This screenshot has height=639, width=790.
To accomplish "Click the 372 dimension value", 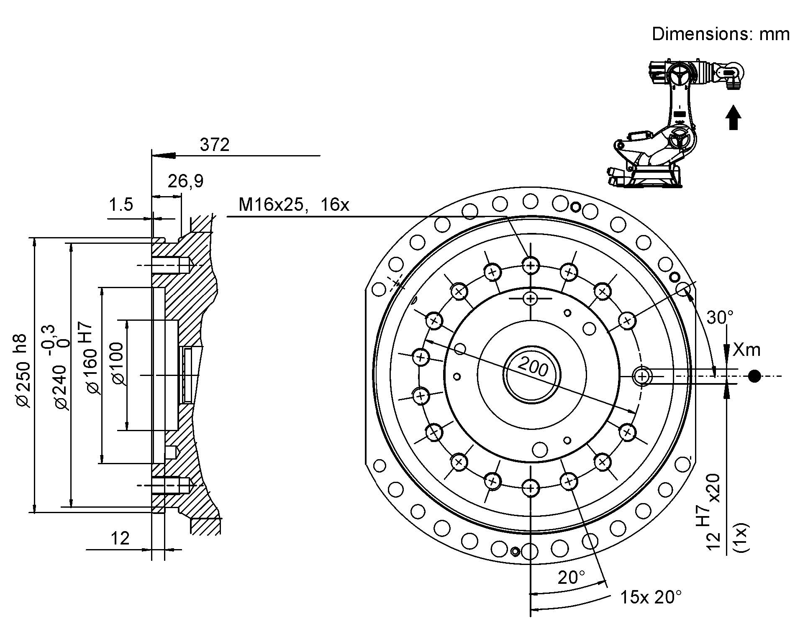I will [215, 145].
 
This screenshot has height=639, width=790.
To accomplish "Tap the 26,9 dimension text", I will [185, 181].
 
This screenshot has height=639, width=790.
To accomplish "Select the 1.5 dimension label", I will [121, 205].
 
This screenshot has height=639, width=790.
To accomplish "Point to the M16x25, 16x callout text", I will [293, 205].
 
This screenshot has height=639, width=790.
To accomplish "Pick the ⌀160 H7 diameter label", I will [90, 359].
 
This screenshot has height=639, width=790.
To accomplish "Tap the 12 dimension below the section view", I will [120, 538].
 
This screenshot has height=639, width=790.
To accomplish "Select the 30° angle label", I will [720, 318].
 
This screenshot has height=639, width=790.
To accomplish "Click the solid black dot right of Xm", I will [754, 376].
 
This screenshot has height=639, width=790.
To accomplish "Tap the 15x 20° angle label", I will [651, 597].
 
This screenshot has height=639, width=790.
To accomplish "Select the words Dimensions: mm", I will [720, 34].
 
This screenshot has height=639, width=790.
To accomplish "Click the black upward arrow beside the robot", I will [733, 118].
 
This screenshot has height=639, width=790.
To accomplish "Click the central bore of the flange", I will [531, 375].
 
